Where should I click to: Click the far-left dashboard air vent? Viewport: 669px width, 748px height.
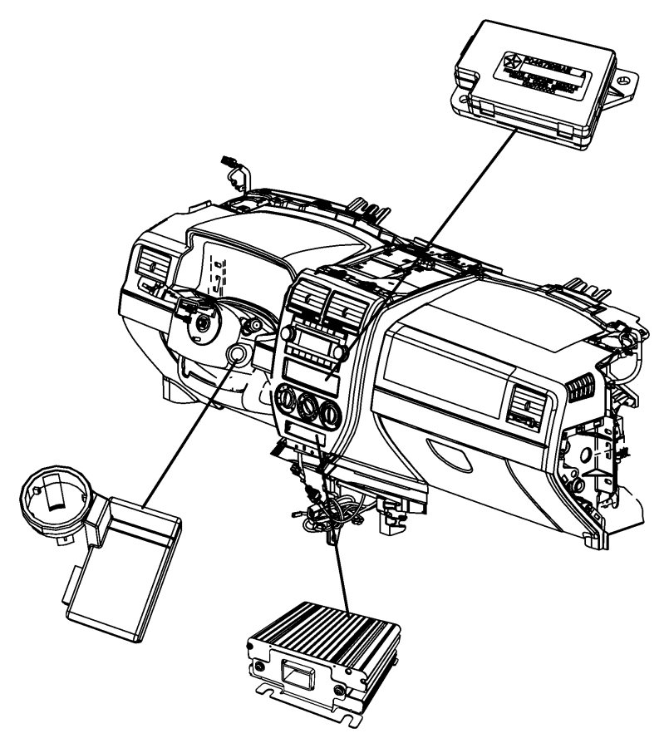(153, 268)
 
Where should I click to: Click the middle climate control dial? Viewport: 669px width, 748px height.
(311, 410)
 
